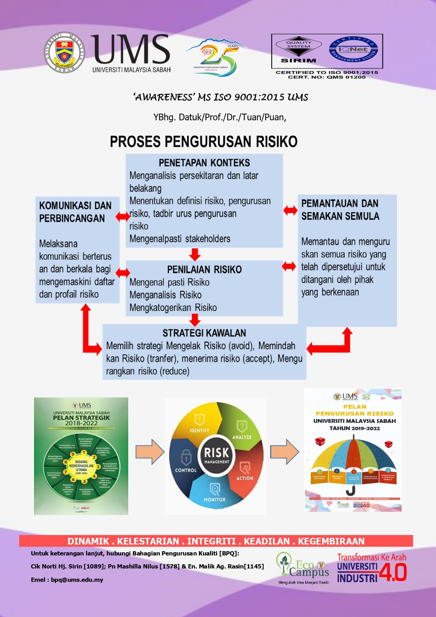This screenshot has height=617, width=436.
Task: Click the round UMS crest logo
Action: point(64,52)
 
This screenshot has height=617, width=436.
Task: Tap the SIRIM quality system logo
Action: point(298,51)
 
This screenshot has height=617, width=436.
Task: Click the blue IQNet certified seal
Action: point(353,50)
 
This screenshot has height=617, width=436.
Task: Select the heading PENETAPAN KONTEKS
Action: point(204,163)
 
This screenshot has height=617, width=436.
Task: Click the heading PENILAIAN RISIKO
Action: point(204,270)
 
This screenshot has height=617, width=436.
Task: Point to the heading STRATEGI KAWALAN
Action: point(204,333)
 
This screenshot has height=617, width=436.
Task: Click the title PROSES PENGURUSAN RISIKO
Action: point(204,141)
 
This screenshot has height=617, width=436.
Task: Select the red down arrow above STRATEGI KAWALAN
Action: point(195,319)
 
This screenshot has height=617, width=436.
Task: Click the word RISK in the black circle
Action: point(216,452)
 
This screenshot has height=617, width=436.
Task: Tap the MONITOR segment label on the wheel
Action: point(215,500)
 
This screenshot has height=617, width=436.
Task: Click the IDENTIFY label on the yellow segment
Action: point(199,430)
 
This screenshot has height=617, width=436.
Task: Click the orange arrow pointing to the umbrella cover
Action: point(285,452)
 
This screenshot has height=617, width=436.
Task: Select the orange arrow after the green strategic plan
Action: point(150,452)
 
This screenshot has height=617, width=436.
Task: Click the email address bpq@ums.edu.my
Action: point(77,580)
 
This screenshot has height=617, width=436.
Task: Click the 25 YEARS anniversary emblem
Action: point(215,57)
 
